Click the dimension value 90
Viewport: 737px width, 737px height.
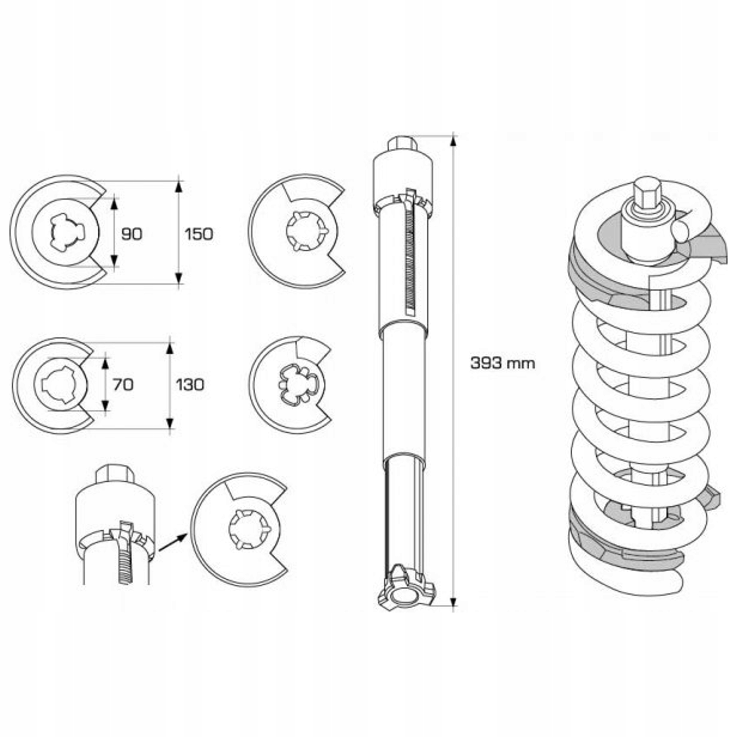pos(132,234)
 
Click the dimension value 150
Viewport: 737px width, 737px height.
pos(199,234)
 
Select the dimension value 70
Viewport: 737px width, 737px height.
pos(123,385)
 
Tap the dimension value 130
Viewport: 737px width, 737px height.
pos(190,385)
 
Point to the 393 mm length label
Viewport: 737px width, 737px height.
pos(502,363)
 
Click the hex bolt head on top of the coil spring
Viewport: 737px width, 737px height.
pos(647,194)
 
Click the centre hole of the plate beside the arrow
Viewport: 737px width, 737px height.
pos(249,529)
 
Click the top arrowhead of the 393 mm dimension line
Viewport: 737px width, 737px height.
pos(453,141)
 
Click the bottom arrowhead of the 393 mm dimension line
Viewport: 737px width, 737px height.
pos(453,602)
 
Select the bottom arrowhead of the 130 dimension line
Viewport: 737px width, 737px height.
pos(170,423)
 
